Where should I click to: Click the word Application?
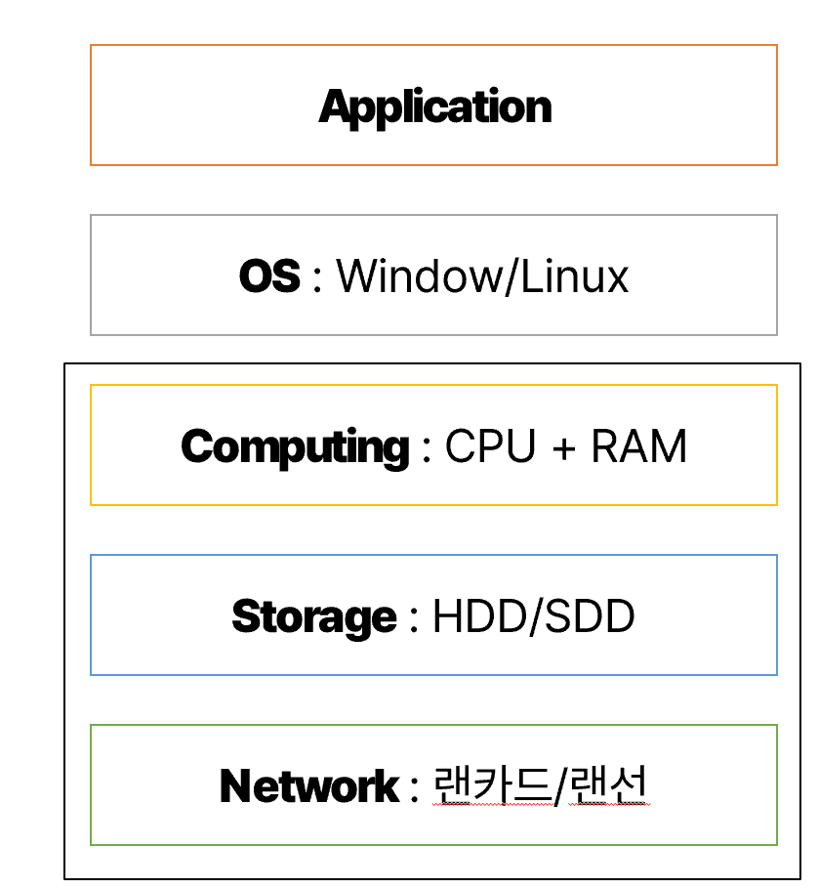tap(435, 107)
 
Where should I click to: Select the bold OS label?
tap(269, 276)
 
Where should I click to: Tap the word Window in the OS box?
tap(419, 276)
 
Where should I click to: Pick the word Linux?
tap(574, 276)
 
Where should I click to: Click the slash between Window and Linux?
tap(511, 276)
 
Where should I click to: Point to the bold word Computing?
tap(295, 447)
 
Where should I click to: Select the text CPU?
tap(491, 446)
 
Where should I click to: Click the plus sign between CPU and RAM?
tap(563, 448)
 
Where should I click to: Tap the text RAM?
tap(639, 446)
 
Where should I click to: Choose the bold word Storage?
tap(314, 616)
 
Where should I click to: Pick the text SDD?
tap(590, 615)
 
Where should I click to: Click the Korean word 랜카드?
tap(492, 785)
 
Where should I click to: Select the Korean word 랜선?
tap(608, 785)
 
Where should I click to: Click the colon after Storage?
tap(414, 619)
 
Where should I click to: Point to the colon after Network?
tap(415, 789)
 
